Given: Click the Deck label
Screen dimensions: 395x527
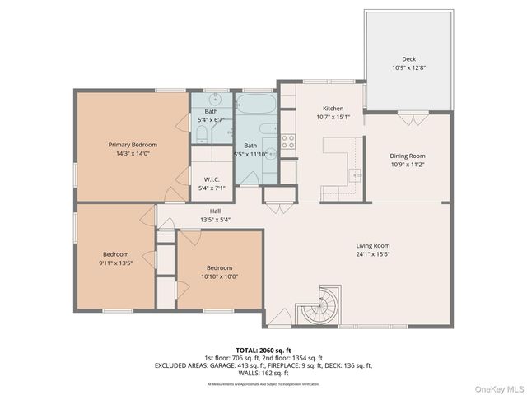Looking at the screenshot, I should coord(408,59).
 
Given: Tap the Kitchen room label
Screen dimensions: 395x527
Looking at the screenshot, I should coord(333,109).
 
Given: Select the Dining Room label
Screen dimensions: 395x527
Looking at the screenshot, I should coord(407,156).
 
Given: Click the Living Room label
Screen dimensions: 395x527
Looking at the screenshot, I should coord(372,245).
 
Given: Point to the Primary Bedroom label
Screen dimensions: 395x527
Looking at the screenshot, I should coord(133,144).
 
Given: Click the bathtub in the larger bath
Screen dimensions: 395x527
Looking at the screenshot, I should coord(258,108).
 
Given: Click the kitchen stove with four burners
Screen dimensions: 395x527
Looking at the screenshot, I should coord(287,141).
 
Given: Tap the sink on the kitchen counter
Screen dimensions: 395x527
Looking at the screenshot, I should coord(355,175).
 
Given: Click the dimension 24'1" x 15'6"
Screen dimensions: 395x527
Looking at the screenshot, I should coord(372,254).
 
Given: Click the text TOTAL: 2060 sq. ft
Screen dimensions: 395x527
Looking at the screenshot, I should coord(263,350).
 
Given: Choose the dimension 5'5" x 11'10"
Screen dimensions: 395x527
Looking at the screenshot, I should coord(250,154).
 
